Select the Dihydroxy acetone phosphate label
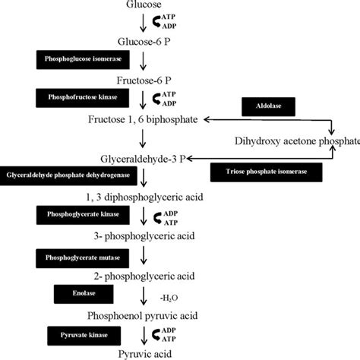tap(296, 141)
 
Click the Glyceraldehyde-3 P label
tap(144, 159)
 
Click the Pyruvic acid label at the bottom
tap(144, 353)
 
